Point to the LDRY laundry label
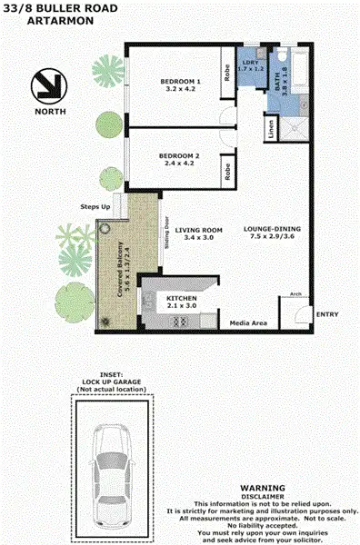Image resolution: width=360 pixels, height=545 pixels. [x=249, y=64]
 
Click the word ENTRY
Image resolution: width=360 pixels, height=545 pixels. [x=326, y=314]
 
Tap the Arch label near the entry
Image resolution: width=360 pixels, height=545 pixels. [x=295, y=294]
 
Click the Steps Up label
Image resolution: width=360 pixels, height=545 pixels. [x=95, y=208]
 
